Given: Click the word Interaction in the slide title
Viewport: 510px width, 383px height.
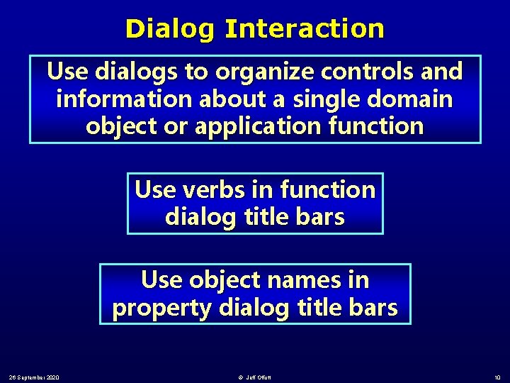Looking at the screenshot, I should pos(305,29).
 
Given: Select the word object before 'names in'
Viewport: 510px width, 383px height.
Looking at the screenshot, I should pos(220,280).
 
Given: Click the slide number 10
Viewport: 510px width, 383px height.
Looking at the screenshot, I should pos(497,376).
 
